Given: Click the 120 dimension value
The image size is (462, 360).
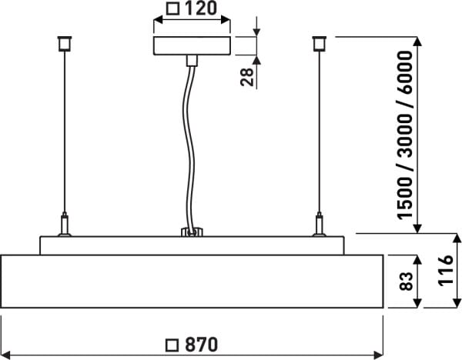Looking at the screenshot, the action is pyautogui.click(x=201, y=8).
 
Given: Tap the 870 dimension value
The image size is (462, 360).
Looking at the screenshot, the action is pyautogui.click(x=202, y=345).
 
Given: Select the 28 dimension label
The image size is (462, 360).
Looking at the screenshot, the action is pyautogui.click(x=247, y=77).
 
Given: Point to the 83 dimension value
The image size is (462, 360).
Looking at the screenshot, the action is pyautogui.click(x=406, y=282).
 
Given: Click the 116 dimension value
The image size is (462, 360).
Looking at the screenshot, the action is pyautogui.click(x=446, y=270).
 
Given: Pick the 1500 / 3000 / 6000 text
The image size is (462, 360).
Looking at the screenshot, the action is pyautogui.click(x=405, y=135).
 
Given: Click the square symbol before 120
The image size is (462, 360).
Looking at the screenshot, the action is pyautogui.click(x=172, y=8).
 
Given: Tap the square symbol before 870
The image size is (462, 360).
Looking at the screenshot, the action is pyautogui.click(x=172, y=345).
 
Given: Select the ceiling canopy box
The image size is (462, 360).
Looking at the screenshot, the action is pyautogui.click(x=192, y=45).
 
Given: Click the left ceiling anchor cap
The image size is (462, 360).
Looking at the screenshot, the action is pyautogui.click(x=65, y=44).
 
